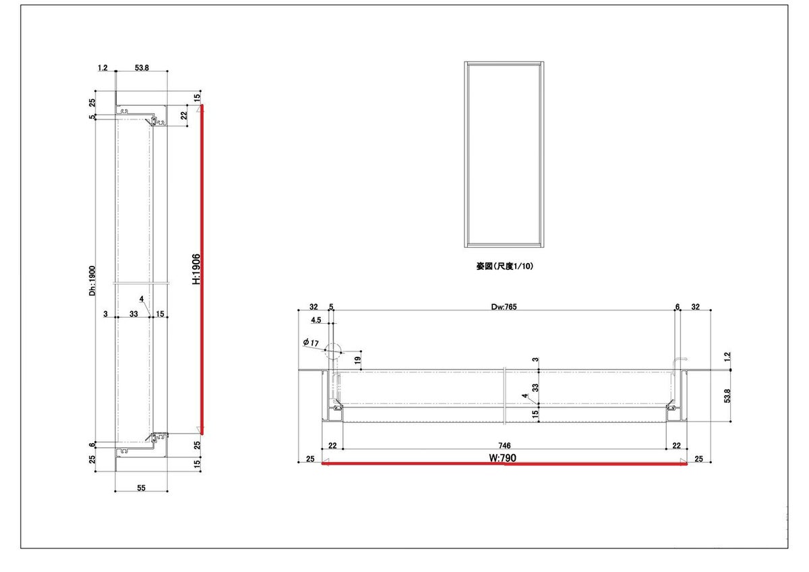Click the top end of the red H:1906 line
point(202,105)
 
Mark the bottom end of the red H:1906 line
point(202,434)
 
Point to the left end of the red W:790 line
point(322,463)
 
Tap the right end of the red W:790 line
point(686,464)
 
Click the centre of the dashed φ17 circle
point(332,351)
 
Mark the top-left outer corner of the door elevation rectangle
point(465,62)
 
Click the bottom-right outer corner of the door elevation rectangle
point(544,247)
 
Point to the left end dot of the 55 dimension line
point(115,491)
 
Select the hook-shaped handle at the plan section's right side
point(680,362)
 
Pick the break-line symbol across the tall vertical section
point(141,283)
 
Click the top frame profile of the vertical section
point(142,115)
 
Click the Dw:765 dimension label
point(504,307)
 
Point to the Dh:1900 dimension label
point(92,281)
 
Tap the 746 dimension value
point(504,446)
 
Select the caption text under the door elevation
point(504,266)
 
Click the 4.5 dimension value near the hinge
point(316,320)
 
